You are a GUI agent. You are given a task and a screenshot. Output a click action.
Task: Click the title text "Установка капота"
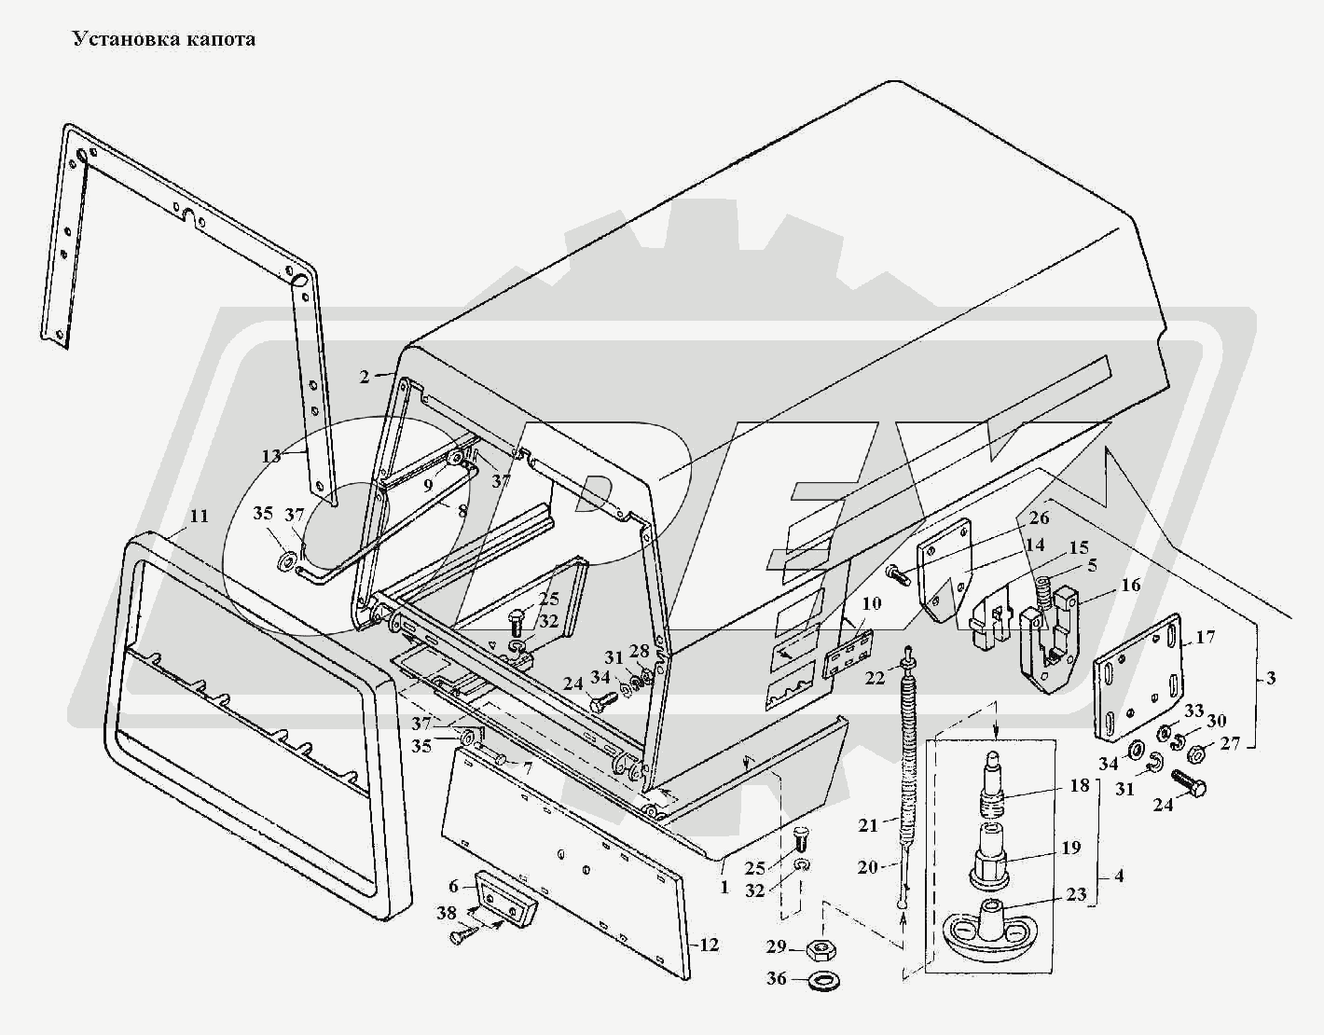(164, 39)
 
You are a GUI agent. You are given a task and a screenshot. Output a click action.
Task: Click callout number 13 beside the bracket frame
(271, 456)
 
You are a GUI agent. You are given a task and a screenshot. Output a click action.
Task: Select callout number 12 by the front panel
(710, 945)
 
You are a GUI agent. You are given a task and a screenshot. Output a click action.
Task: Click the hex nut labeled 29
(819, 949)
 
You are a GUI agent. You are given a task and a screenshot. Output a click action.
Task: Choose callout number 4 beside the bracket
(1119, 876)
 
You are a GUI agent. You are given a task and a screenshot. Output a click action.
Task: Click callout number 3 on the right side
(1270, 678)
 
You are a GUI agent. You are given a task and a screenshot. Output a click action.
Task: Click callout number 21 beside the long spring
(869, 825)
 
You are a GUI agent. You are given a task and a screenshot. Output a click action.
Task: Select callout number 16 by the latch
(1130, 585)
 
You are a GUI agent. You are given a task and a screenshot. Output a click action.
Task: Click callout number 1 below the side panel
(724, 887)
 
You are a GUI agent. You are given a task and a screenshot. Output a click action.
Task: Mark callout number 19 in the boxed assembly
(1070, 848)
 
